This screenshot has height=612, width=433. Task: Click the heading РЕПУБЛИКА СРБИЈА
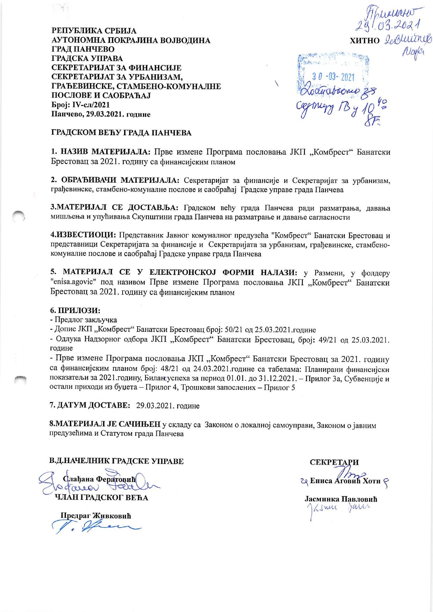(x=94, y=31)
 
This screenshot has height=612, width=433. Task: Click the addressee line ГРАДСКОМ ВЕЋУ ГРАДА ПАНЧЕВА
(x=122, y=133)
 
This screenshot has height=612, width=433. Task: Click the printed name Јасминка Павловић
(x=341, y=499)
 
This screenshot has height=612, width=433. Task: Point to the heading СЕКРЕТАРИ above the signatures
(x=334, y=462)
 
